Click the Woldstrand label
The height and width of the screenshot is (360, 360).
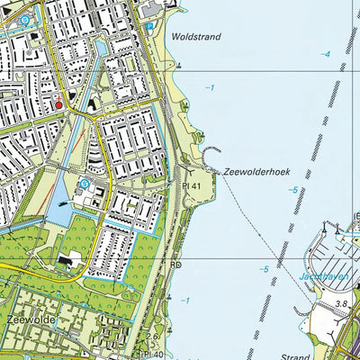194,37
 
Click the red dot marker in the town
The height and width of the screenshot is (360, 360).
59,104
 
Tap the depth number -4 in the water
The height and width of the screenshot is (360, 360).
326,55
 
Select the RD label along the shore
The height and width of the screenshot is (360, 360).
177,266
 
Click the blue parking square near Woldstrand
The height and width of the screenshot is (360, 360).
148,28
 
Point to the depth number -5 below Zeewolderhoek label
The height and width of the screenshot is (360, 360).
292,190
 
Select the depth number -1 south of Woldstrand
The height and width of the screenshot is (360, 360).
209,87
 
